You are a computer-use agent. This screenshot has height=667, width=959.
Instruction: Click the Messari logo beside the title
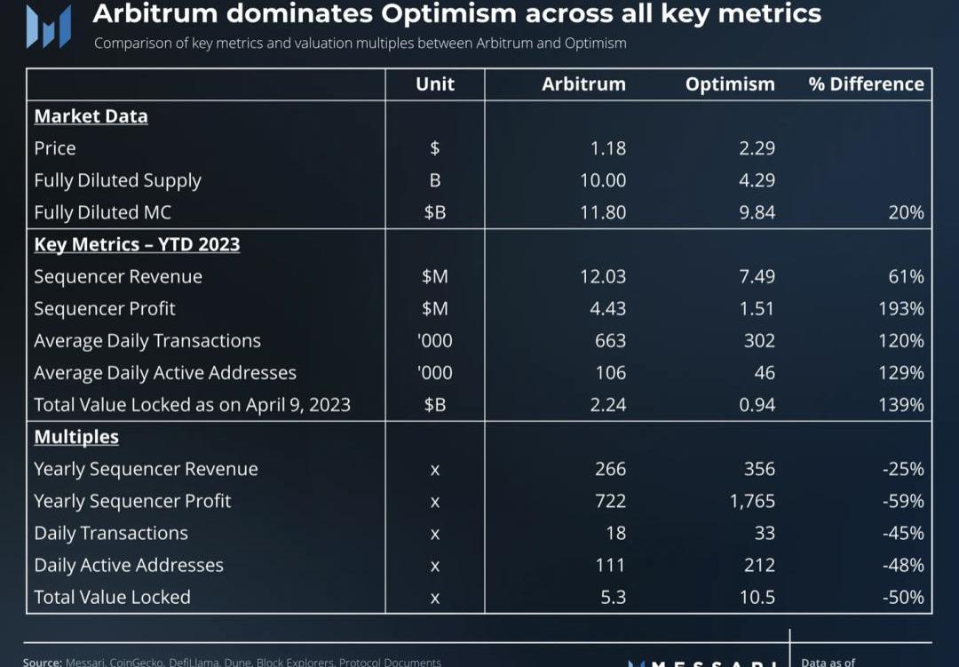point(48,27)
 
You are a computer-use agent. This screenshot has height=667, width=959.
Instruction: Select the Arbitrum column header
point(583,84)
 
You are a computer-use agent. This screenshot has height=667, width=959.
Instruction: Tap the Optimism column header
point(730,84)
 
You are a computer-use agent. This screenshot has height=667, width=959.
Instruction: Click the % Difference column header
point(866,84)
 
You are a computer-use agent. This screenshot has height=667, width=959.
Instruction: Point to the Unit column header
point(435,84)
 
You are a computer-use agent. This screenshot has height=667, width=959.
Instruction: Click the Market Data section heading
point(91,116)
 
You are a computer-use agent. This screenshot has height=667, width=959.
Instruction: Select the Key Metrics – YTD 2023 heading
point(137,244)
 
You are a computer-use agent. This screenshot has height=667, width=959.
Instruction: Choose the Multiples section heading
point(76,437)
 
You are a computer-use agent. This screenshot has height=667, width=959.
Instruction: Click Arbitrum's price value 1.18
point(608,148)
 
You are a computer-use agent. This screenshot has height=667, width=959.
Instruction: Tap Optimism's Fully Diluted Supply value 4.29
point(757,180)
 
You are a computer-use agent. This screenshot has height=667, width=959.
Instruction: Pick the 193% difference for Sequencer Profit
point(901,308)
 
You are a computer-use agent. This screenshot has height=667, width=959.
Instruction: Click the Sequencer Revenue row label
point(118,276)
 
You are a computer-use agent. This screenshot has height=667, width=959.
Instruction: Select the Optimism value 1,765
point(752,501)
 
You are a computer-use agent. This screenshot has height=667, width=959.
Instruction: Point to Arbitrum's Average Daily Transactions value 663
point(611,340)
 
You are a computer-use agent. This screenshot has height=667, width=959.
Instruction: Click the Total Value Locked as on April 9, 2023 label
point(192,405)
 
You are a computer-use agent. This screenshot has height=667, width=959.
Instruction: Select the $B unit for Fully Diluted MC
point(435,212)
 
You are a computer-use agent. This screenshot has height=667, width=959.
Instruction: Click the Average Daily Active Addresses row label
point(165,373)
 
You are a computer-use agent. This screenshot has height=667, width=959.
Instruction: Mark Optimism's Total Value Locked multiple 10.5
point(757,597)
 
